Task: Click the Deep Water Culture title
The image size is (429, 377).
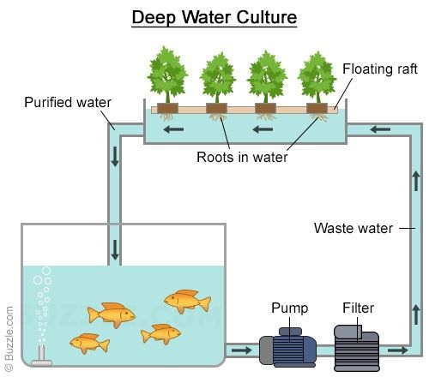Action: [214, 18]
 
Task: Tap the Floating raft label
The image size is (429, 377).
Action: [380, 69]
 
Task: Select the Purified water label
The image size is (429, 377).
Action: [68, 102]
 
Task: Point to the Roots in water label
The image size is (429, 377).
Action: [242, 157]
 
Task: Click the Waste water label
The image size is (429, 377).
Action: [353, 228]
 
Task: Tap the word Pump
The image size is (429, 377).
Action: [289, 308]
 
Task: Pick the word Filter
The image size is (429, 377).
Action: [358, 308]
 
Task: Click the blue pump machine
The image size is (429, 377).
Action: [287, 348]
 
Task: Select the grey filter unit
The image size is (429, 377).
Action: [357, 348]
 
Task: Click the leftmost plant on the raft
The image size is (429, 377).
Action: [167, 75]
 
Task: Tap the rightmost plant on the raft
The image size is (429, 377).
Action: [317, 76]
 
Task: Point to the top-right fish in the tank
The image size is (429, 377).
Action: [187, 302]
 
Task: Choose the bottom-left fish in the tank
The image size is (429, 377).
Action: [89, 343]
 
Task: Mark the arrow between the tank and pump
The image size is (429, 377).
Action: [242, 350]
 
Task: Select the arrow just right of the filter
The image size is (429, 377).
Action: [398, 350]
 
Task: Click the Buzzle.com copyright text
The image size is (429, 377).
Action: [9, 338]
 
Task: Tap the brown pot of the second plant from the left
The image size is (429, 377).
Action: [216, 108]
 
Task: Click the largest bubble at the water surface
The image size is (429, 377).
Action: [46, 271]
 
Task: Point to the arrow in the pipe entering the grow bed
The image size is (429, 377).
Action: [380, 129]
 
